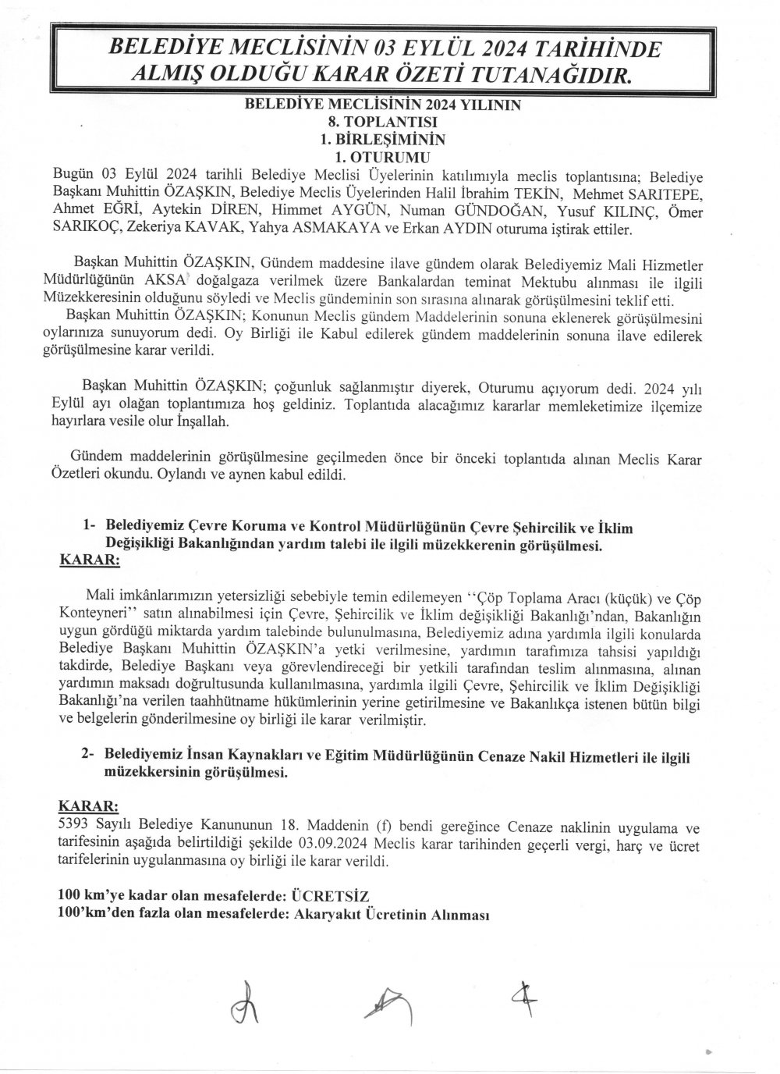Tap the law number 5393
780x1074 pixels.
[x=75, y=826]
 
